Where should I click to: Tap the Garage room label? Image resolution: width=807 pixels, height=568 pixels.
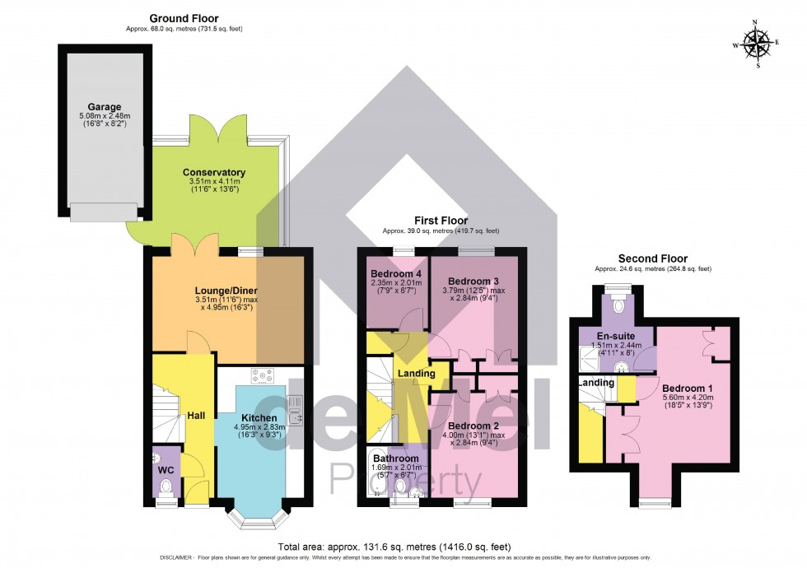[105, 107]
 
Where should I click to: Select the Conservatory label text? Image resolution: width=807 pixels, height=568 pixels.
[214, 172]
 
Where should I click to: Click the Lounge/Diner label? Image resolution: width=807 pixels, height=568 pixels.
[226, 291]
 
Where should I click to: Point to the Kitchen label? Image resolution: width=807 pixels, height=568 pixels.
[258, 418]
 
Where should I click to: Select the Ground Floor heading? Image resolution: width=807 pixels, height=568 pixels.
[183, 17]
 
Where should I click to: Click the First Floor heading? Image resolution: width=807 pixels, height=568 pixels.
[441, 221]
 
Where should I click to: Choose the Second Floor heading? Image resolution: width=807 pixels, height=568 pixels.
[652, 258]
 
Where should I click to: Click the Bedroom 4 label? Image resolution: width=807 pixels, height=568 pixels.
[395, 274]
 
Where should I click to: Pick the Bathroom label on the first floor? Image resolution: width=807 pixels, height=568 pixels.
[395, 459]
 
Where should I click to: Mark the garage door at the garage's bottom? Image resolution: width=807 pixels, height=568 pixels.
[104, 212]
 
